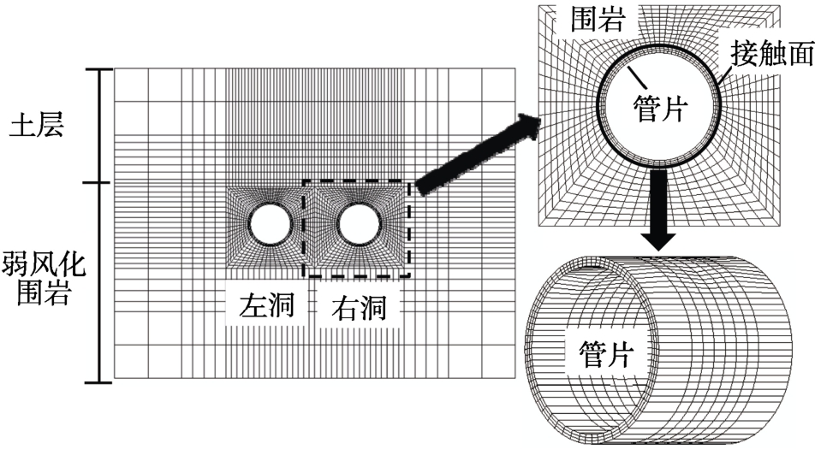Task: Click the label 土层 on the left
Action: pos(36,125)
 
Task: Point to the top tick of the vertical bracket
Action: pos(101,68)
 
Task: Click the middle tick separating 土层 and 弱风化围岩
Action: pos(101,182)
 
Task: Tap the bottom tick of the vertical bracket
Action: pos(101,381)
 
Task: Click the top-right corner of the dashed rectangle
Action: pos(410,180)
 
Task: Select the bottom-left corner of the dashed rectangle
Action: pos(303,276)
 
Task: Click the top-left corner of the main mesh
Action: pos(115,68)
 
